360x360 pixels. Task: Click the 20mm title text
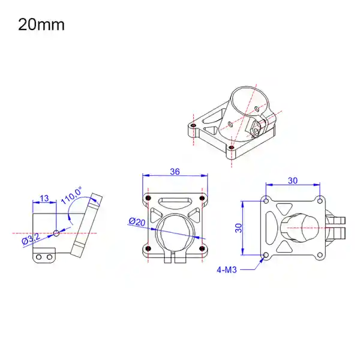(41, 25)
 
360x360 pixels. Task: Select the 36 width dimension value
(175, 171)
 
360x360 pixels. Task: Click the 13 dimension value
(44, 199)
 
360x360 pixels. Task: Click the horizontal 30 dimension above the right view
(293, 180)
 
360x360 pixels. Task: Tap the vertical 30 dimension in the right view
(238, 228)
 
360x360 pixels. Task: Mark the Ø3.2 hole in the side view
(56, 232)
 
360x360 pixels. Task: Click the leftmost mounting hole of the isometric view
(193, 127)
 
